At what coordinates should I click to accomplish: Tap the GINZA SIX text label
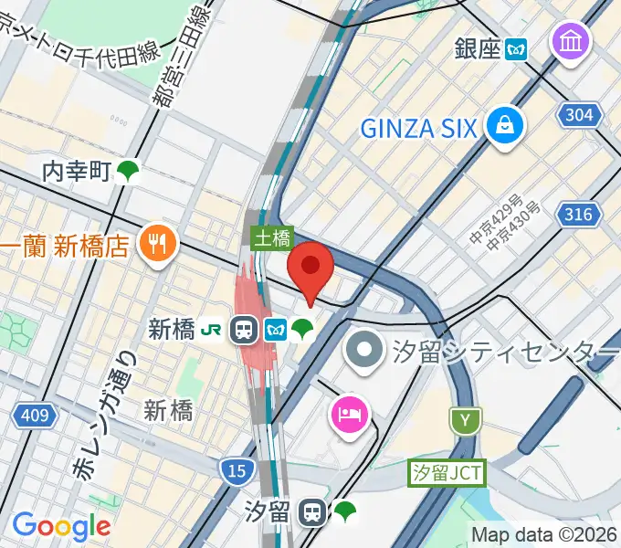click(x=418, y=128)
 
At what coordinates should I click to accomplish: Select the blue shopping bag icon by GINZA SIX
click(x=504, y=127)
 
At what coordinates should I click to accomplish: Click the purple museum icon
click(x=571, y=41)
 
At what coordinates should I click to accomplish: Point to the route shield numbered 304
click(x=579, y=115)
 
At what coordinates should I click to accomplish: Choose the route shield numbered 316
click(x=579, y=215)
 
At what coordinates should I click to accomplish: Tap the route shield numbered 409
click(x=35, y=416)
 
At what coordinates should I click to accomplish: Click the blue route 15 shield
click(x=237, y=470)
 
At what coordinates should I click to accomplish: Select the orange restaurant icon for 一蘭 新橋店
click(x=157, y=242)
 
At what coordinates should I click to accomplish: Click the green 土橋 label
click(x=272, y=238)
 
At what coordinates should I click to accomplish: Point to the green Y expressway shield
click(x=466, y=419)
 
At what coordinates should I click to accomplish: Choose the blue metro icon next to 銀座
click(x=518, y=48)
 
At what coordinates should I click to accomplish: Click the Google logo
click(x=61, y=525)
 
